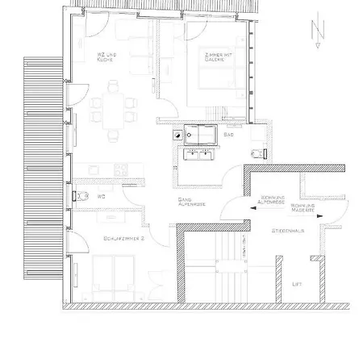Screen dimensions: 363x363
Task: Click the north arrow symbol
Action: tap(316, 34)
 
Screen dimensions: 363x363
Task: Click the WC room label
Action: tap(102, 195)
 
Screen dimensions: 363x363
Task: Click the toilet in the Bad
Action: tap(257, 152)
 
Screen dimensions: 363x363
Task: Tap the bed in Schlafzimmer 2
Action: tap(114, 279)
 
